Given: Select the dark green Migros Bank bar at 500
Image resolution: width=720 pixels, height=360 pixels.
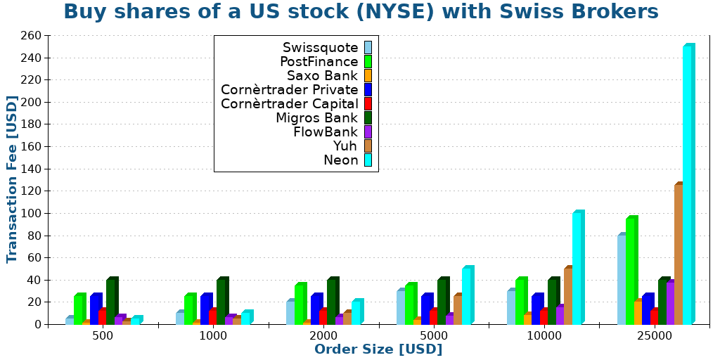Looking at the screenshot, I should pyautogui.click(x=111, y=302).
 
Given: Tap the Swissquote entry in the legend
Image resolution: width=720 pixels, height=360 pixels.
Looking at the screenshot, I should pyautogui.click(x=320, y=48).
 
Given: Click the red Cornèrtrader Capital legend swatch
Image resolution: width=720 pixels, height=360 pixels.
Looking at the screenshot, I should pyautogui.click(x=368, y=104).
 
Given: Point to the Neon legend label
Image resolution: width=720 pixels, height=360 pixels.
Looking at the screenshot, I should pyautogui.click(x=340, y=160).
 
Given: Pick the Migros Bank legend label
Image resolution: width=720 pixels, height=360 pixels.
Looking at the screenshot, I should pyautogui.click(x=316, y=118).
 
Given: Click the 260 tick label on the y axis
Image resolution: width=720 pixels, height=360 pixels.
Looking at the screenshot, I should pyautogui.click(x=31, y=35).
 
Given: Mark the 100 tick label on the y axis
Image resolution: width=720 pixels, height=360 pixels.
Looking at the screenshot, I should pyautogui.click(x=31, y=213).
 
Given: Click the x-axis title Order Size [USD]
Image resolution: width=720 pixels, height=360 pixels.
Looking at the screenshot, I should pyautogui.click(x=378, y=349).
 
